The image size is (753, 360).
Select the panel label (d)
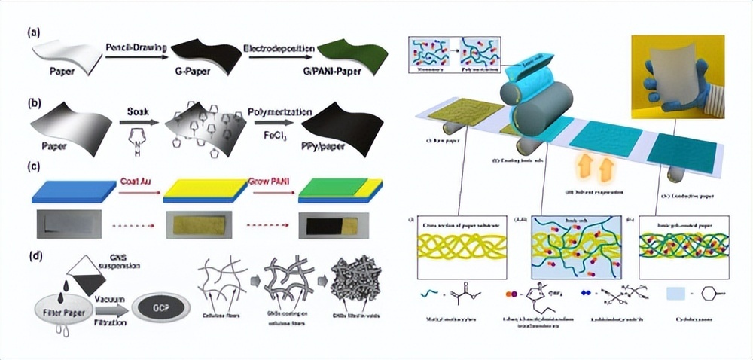click(33, 255)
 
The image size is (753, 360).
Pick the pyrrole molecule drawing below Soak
click(140, 139)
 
